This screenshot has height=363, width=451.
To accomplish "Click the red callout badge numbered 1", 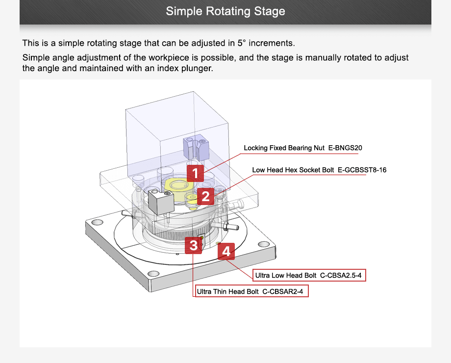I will coord(195,173).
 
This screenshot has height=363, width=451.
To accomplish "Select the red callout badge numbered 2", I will coord(205,197).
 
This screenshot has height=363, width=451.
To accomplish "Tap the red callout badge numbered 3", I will coord(194,245).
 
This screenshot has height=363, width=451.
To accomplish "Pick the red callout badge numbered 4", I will coord(226,252).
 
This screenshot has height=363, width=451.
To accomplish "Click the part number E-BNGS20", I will coord(345,148).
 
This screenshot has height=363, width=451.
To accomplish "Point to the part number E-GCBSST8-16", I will coord(362,170).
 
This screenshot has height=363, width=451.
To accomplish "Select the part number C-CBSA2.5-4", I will coord(341,276).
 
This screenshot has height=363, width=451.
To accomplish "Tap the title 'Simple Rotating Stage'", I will coord(225,11).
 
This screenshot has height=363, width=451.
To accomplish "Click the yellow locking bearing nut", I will coord(177,186).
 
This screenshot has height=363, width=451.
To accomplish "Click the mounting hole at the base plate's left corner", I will coord(97,221).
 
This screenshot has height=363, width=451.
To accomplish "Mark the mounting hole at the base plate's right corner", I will coord(264,244).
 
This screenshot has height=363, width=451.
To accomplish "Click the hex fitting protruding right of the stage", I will coord(228,227).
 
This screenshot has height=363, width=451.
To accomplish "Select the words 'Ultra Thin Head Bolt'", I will coord(227,292).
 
